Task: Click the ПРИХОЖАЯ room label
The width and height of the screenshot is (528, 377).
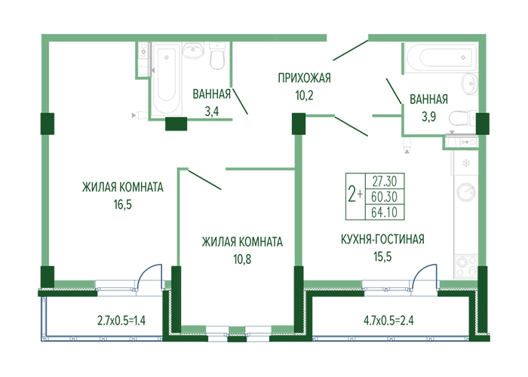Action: pos(304,78)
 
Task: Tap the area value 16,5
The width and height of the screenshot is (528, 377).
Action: pos(122,204)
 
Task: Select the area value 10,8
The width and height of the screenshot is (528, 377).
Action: pos(242,259)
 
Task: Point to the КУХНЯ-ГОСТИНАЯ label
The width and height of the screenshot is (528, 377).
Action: pos(382,239)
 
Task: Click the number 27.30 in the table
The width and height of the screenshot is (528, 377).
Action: pos(385,182)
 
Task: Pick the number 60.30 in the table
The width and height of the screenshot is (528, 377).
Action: pos(385,197)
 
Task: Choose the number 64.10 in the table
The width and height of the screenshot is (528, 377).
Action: pos(385,213)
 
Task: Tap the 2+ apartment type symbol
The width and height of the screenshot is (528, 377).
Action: pos(355,195)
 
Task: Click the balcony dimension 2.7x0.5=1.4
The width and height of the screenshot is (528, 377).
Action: pos(121,320)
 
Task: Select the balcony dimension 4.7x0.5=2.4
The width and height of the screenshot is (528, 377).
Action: pos(388,320)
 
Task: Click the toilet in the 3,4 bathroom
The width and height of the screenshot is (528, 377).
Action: pos(217,56)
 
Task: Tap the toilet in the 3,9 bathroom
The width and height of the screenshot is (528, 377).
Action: pos(464,118)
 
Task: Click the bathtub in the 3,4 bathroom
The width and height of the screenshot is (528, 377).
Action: pos(167,79)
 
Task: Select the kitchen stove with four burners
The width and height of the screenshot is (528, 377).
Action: pos(465,266)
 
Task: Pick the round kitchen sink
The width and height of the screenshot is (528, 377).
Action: pos(466,192)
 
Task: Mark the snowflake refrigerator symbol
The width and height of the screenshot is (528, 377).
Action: pos(466,164)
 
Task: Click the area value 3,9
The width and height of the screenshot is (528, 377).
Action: pos(428,116)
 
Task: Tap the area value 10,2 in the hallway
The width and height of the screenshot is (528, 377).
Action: pos(304,95)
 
